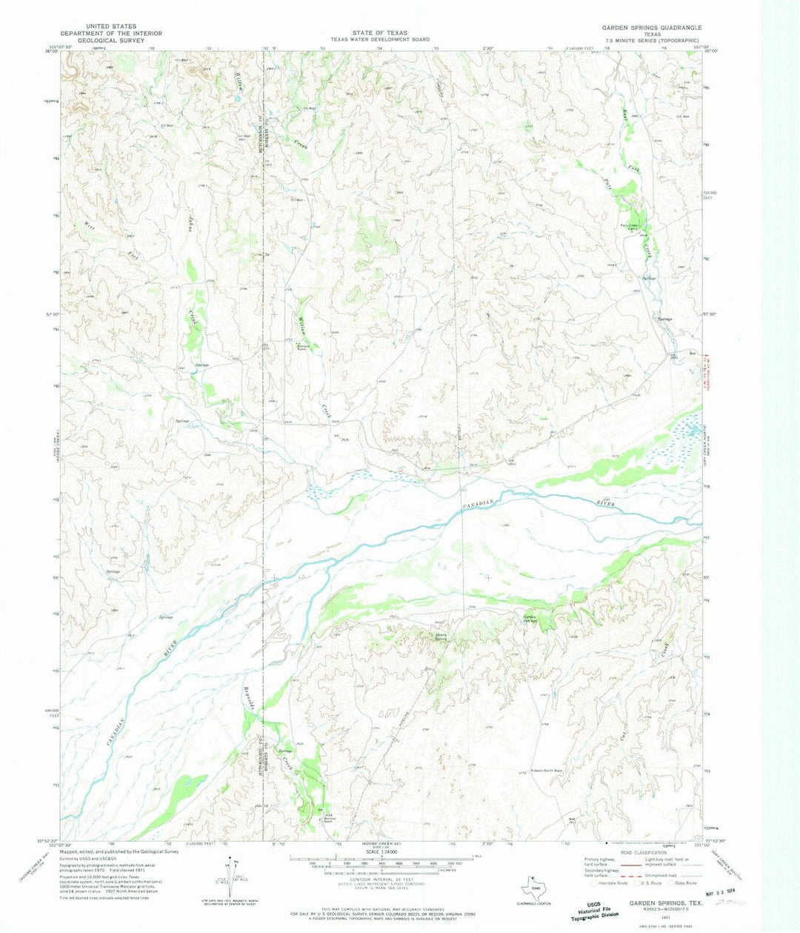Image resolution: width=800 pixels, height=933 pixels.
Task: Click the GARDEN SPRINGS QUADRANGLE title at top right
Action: [650, 27]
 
